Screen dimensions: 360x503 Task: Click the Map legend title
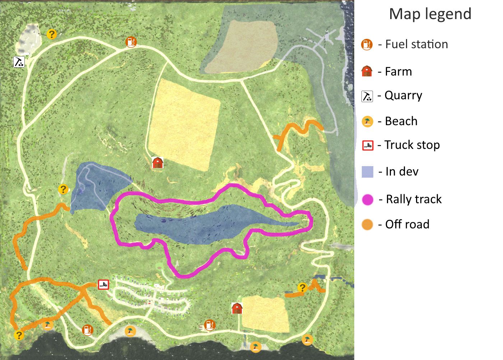pos(430,14)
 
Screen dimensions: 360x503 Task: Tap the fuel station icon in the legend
pos(367,44)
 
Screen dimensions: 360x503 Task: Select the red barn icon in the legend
pos(367,71)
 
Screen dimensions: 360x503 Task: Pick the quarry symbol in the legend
pos(367,96)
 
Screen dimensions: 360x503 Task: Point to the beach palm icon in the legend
pos(367,121)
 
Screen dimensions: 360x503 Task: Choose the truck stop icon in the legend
pos(368,145)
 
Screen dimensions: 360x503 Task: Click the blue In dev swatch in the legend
pos(368,172)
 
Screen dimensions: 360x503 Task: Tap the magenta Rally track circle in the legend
pos(368,199)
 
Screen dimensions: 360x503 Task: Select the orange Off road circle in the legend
pos(367,224)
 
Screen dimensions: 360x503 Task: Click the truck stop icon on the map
pos(103,285)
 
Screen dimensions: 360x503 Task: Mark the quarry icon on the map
pos(19,62)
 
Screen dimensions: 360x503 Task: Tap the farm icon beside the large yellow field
pos(157,163)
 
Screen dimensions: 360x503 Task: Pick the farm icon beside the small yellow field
pos(237,308)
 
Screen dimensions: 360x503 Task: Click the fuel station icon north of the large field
pos(131,42)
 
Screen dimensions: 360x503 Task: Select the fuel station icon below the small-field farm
pos(209,325)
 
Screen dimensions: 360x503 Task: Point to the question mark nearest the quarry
pos(52,34)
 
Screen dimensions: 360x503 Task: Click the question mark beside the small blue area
pos(63,189)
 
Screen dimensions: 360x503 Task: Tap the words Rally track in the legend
pos(414,199)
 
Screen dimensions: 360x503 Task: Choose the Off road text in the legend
pos(407,224)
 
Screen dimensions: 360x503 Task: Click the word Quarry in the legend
pos(403,96)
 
